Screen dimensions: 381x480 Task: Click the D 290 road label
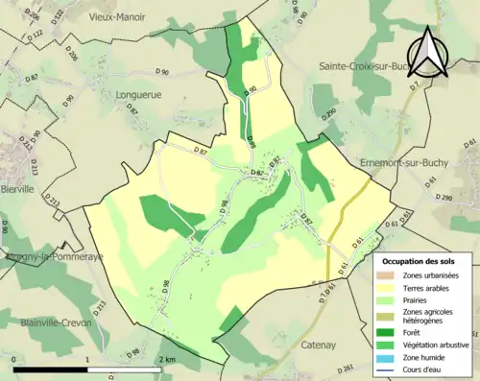coord(444,198)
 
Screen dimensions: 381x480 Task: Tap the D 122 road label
coord(55,15)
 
